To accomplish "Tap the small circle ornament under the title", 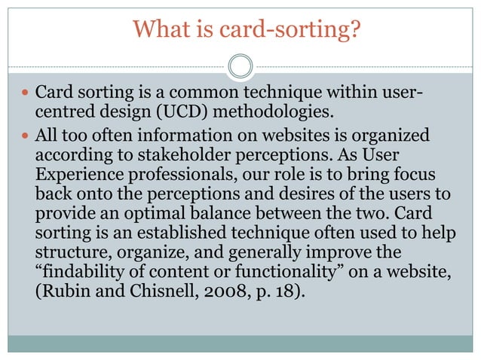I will click(x=240, y=66).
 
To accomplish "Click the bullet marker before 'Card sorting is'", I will click(x=25, y=96).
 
